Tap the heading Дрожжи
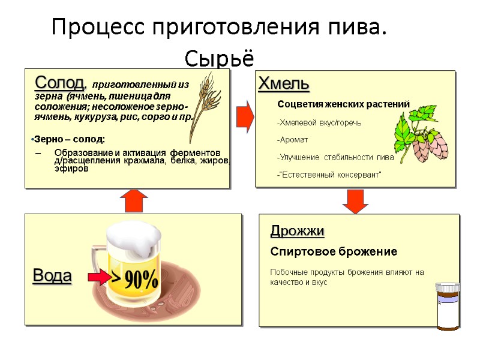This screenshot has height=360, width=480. click(298, 231)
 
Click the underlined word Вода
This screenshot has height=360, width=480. click(52, 276)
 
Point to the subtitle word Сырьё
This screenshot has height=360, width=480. click(220, 59)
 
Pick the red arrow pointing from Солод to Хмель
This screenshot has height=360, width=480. click(244, 115)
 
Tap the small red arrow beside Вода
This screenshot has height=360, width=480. click(97, 277)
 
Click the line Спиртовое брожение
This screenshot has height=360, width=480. click(334, 251)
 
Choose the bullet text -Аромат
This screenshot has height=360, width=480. click(292, 140)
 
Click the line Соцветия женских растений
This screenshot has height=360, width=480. click(343, 104)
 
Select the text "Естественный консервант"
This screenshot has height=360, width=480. click(329, 174)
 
